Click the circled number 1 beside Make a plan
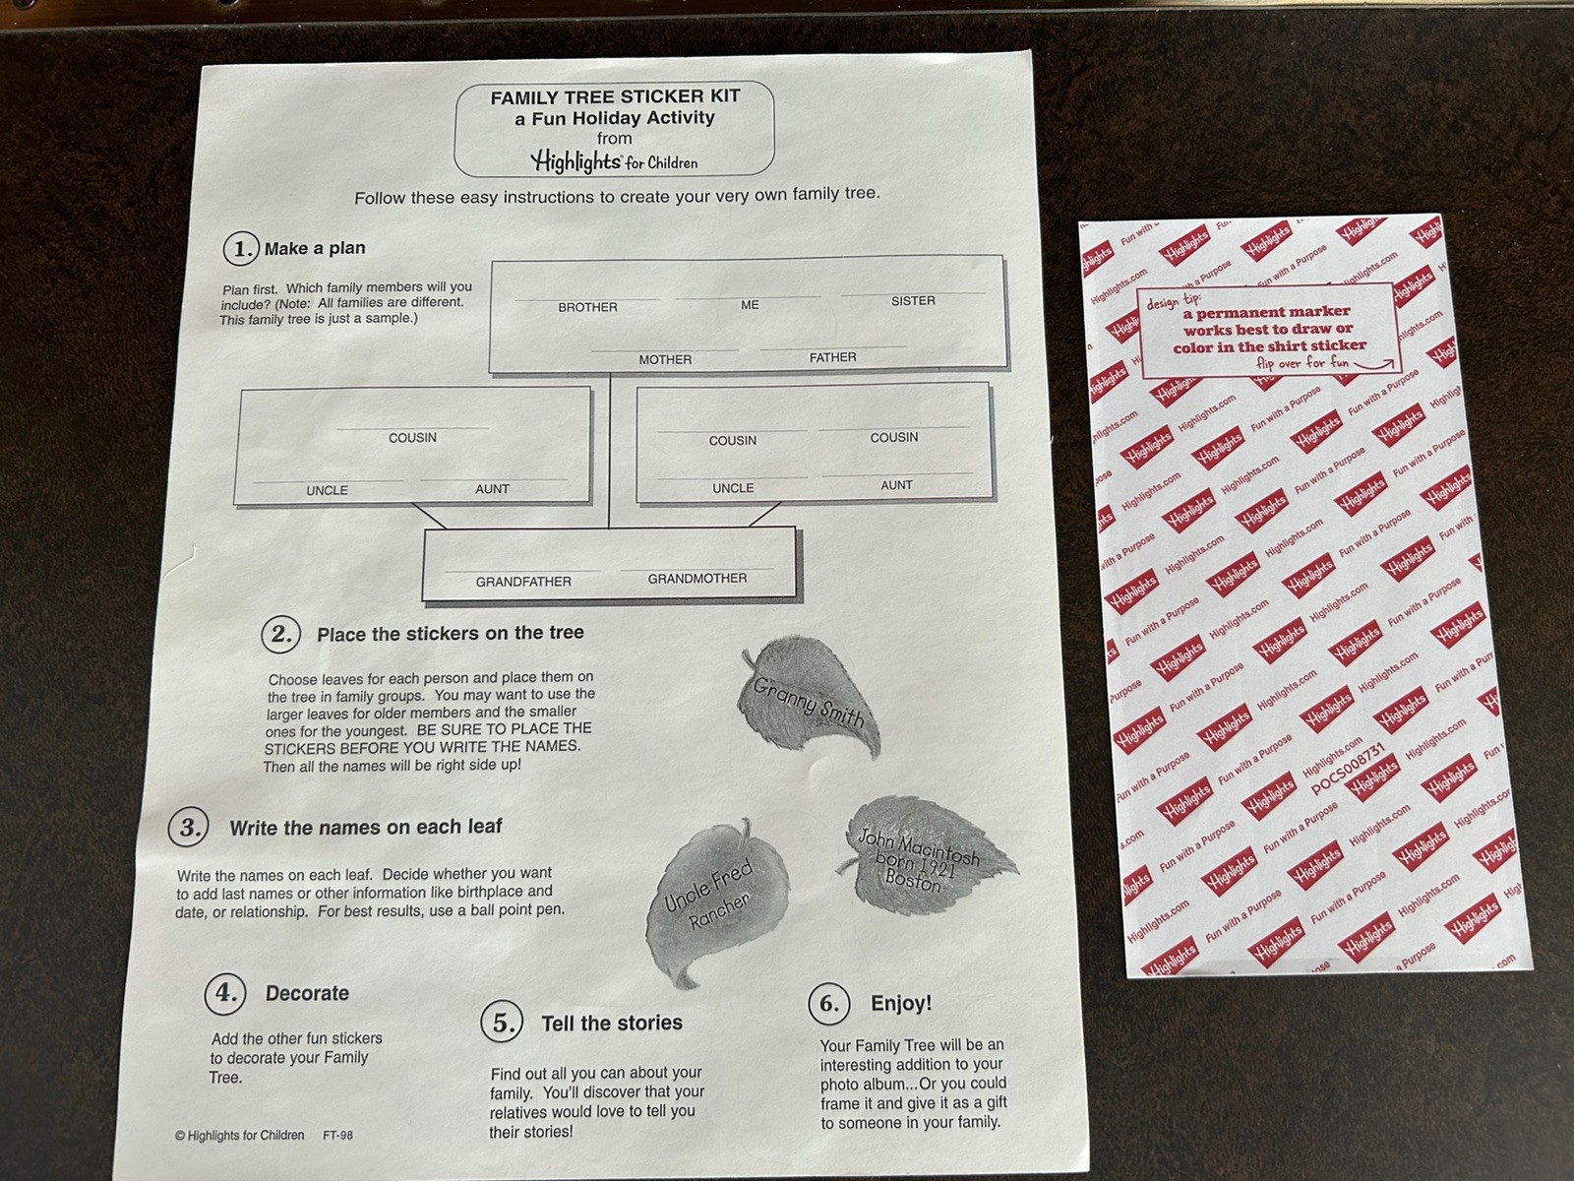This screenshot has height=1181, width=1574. coord(241,249)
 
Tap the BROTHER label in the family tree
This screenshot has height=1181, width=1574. coord(587,307)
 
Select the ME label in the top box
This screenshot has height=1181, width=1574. coord(750,305)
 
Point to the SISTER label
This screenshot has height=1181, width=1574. coord(913,300)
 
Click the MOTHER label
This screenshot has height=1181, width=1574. coord(665,359)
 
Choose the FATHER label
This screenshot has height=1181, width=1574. coord(832,357)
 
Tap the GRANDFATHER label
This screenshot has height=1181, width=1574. coord(523,582)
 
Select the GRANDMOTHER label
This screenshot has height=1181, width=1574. coord(697,578)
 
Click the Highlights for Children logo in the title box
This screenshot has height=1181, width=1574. coord(614,161)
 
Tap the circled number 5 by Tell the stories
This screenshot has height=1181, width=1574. coord(502,1022)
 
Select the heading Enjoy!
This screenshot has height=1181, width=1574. coord(901,1003)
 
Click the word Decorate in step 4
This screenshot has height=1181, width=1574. coord(307,993)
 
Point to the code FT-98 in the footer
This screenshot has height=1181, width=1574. coord(337,1135)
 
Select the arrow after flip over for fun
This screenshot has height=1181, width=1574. coord(1374,365)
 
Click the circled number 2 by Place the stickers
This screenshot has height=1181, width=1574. coord(281,634)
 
